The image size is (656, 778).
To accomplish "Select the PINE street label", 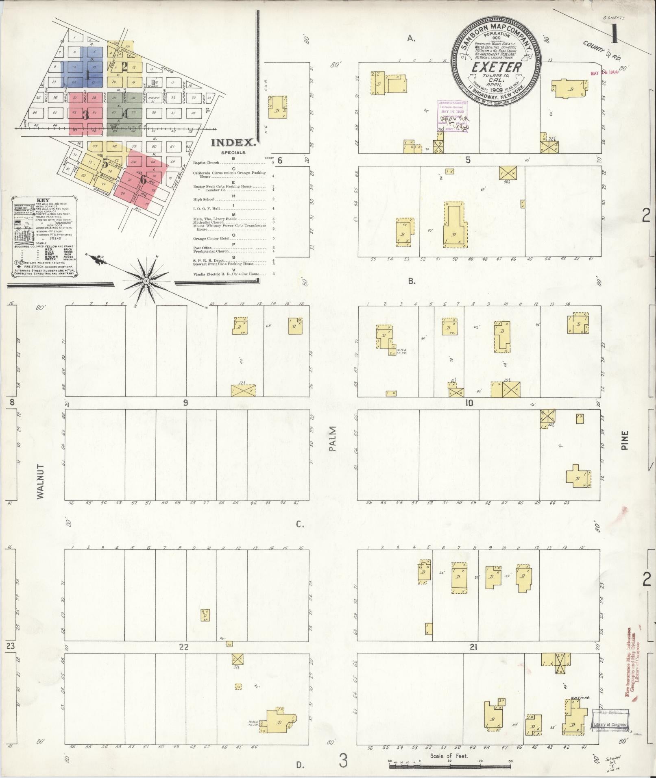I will (x=625, y=440).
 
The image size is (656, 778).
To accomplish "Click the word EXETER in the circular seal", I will (x=496, y=68).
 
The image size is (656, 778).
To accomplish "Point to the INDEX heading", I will (x=233, y=143).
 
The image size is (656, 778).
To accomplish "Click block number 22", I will (x=183, y=647).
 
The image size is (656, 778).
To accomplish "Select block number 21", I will (x=473, y=647).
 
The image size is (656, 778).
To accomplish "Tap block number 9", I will (x=185, y=403).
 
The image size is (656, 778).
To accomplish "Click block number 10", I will (x=469, y=403).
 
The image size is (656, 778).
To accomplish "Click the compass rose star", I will (x=146, y=281).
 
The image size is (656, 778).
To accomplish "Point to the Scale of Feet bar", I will (x=449, y=766).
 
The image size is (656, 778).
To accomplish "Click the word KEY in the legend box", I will (x=42, y=200).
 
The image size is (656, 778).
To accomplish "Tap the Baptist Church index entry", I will (x=206, y=163).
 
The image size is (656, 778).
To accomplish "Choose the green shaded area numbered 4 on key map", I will (x=125, y=114).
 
